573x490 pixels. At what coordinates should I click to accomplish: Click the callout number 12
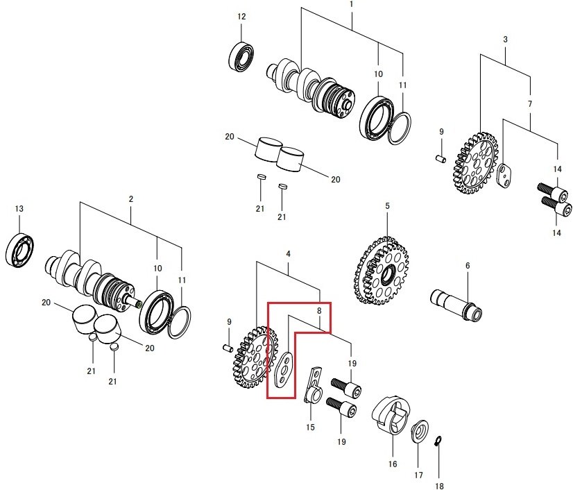tap(241, 17)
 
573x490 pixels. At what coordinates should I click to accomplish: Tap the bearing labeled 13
tap(19, 249)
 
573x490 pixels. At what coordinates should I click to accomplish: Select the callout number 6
tap(468, 266)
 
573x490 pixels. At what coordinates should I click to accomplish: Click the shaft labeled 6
tap(456, 304)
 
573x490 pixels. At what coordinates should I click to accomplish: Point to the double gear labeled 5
tap(381, 271)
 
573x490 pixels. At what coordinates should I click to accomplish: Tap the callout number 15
tap(310, 427)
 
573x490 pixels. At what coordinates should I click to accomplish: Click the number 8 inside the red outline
tap(319, 311)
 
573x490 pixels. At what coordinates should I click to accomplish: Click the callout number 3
tap(506, 40)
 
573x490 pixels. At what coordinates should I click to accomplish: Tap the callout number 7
tap(530, 104)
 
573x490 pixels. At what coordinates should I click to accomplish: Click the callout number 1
tap(352, 4)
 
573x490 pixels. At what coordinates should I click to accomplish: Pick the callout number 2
tap(131, 199)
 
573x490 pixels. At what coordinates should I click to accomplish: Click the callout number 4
tap(289, 254)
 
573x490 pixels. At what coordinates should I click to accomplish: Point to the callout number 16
tap(393, 464)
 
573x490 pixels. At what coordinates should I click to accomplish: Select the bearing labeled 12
tap(241, 56)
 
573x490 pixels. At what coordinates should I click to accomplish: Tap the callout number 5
tap(387, 206)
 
